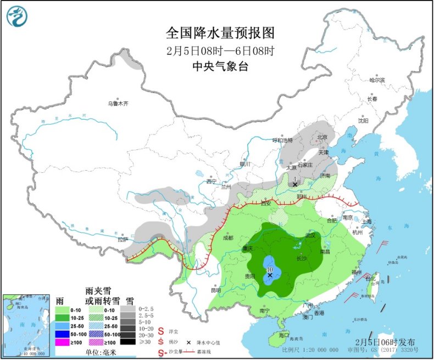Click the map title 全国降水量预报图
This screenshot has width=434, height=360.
coord(220,33)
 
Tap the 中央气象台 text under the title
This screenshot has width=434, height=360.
coord(220,66)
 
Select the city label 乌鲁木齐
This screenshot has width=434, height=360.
coord(118,103)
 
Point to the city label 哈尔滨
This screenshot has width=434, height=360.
coord(377,80)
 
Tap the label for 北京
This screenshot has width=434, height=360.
coord(321,137)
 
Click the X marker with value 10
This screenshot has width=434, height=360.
coord(270,275)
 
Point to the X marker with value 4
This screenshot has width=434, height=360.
coord(295,184)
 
